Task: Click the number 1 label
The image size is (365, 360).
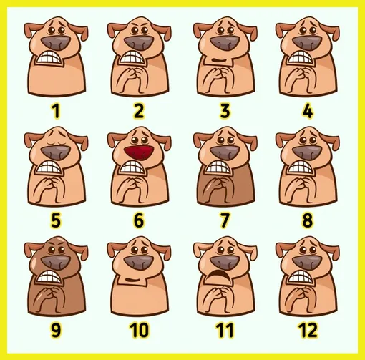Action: click(x=56, y=111)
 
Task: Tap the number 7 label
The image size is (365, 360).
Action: click(x=225, y=220)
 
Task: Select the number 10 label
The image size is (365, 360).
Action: click(x=139, y=330)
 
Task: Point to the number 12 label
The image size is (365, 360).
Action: click(x=308, y=330)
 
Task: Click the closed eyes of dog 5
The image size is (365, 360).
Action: click(x=56, y=142)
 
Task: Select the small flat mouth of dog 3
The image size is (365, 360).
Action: click(x=219, y=59)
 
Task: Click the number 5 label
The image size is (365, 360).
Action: click(x=56, y=220)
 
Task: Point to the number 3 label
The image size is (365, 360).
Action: click(x=225, y=111)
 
